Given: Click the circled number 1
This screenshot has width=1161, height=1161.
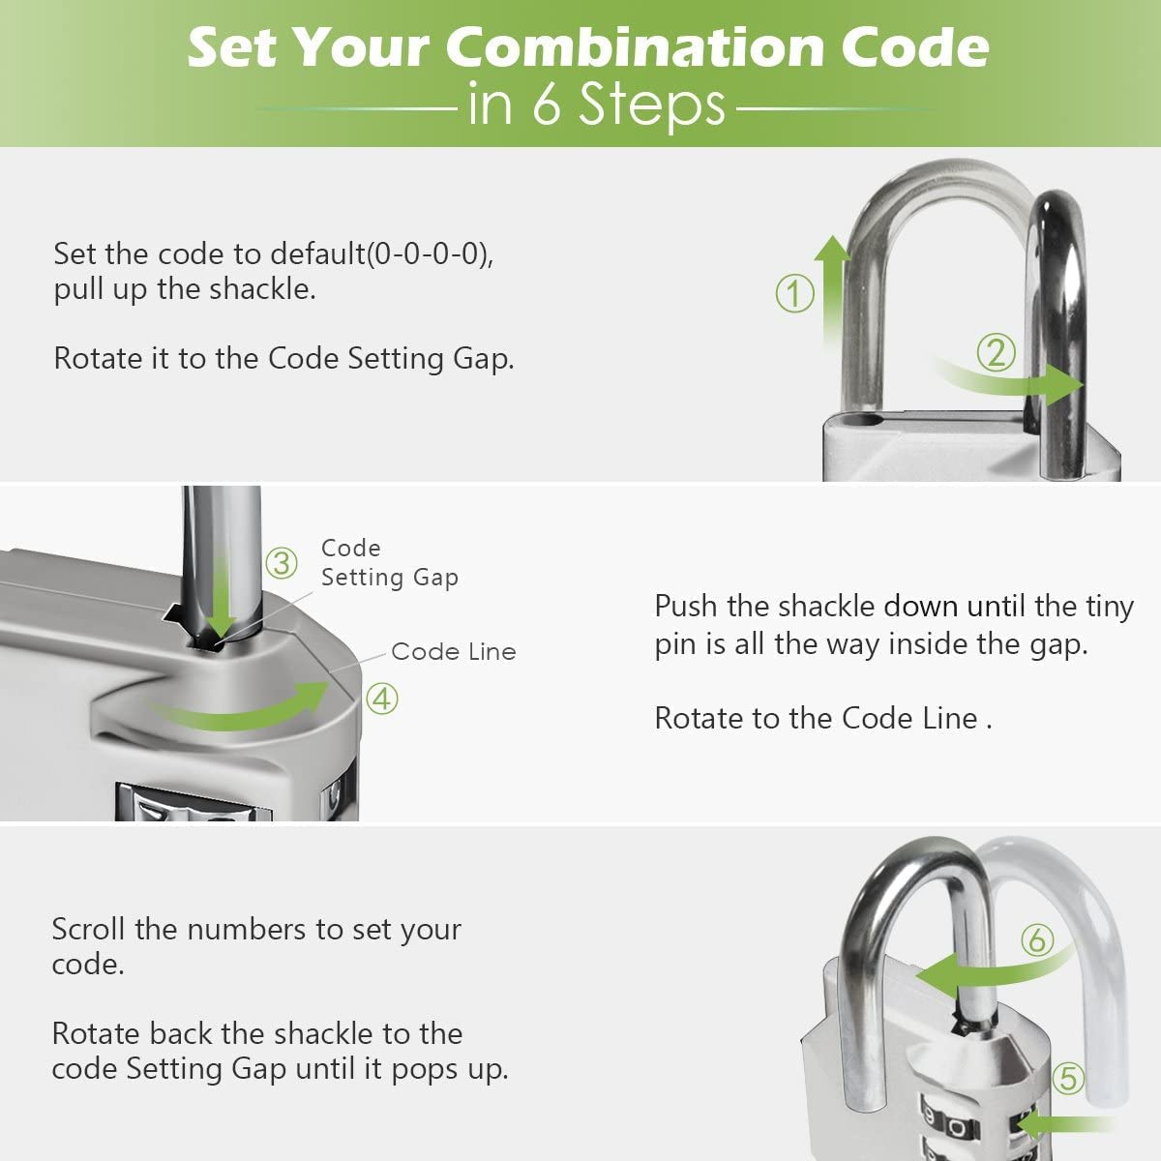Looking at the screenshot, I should tap(795, 293).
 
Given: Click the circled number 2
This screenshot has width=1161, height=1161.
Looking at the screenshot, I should tap(996, 352).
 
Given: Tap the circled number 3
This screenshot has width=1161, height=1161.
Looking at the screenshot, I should tap(282, 562).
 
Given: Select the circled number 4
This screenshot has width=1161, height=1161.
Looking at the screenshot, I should tap(382, 698).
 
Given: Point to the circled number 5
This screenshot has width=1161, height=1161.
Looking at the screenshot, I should tap(1068, 1078).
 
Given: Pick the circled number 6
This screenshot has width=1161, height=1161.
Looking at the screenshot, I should tap(1037, 938).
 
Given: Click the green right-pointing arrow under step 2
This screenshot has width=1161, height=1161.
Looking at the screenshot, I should tap(1016, 383).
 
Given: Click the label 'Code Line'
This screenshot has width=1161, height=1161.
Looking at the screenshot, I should tap(453, 652).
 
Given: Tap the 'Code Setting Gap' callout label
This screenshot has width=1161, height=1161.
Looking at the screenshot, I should tap(389, 563).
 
